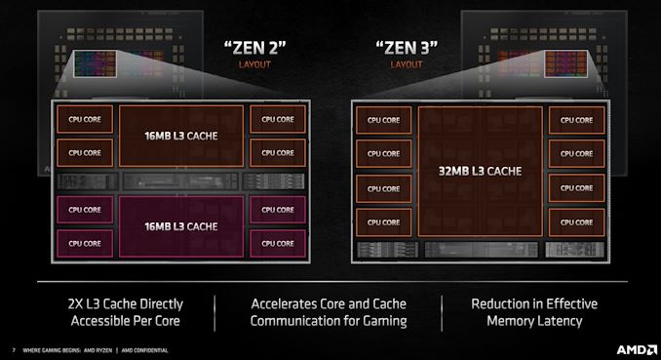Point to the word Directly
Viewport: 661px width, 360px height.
point(155,303)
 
